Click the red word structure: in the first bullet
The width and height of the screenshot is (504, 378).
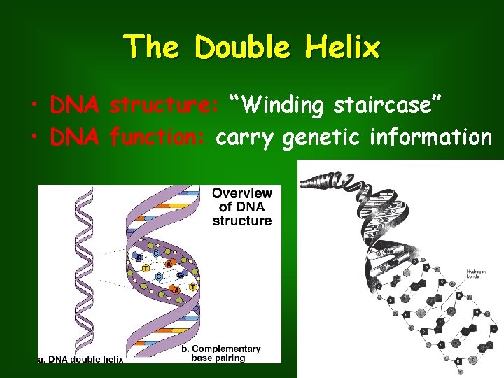[x=165, y=106]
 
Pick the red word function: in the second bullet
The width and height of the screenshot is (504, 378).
[x=158, y=138]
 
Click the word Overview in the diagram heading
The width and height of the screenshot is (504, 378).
[x=242, y=193]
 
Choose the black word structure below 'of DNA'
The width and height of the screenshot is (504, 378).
[x=242, y=220]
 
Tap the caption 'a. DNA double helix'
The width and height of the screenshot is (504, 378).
[x=80, y=359]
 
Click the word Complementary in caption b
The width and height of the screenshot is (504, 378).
[x=226, y=349]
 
